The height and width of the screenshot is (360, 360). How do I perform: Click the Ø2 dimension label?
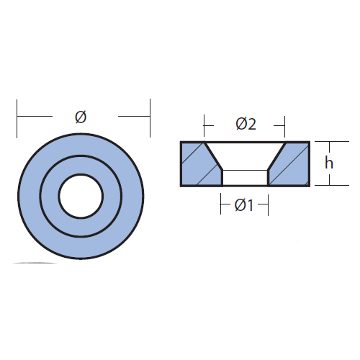pos(246,124)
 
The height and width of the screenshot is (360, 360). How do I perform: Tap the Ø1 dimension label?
pos(244,205)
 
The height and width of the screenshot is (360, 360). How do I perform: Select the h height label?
pos(329,163)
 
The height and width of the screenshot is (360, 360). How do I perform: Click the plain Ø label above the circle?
pos(81,117)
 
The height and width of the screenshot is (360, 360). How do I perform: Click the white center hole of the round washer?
pos(81,197)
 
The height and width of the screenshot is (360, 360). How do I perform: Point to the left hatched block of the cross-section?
pos(201,164)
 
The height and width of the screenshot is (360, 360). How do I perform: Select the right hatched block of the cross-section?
pos(289,164)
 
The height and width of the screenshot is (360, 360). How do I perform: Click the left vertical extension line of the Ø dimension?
pos(17,119)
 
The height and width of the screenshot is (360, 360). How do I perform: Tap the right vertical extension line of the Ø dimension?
pos(150,118)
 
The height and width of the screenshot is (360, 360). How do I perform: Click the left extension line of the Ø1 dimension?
pos(220,204)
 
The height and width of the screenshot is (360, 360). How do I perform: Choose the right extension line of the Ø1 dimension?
pos(268,205)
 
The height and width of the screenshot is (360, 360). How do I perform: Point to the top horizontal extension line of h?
pos(332,142)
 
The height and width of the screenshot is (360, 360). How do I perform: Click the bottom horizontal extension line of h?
pos(332,186)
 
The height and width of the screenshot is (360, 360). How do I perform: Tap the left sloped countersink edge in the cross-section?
pos(214,156)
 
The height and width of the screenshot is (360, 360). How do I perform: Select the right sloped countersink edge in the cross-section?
pos(276,156)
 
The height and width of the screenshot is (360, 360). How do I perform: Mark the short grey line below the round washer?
pos(35,263)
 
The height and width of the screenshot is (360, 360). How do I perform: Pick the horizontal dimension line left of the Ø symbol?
pos(35,116)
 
